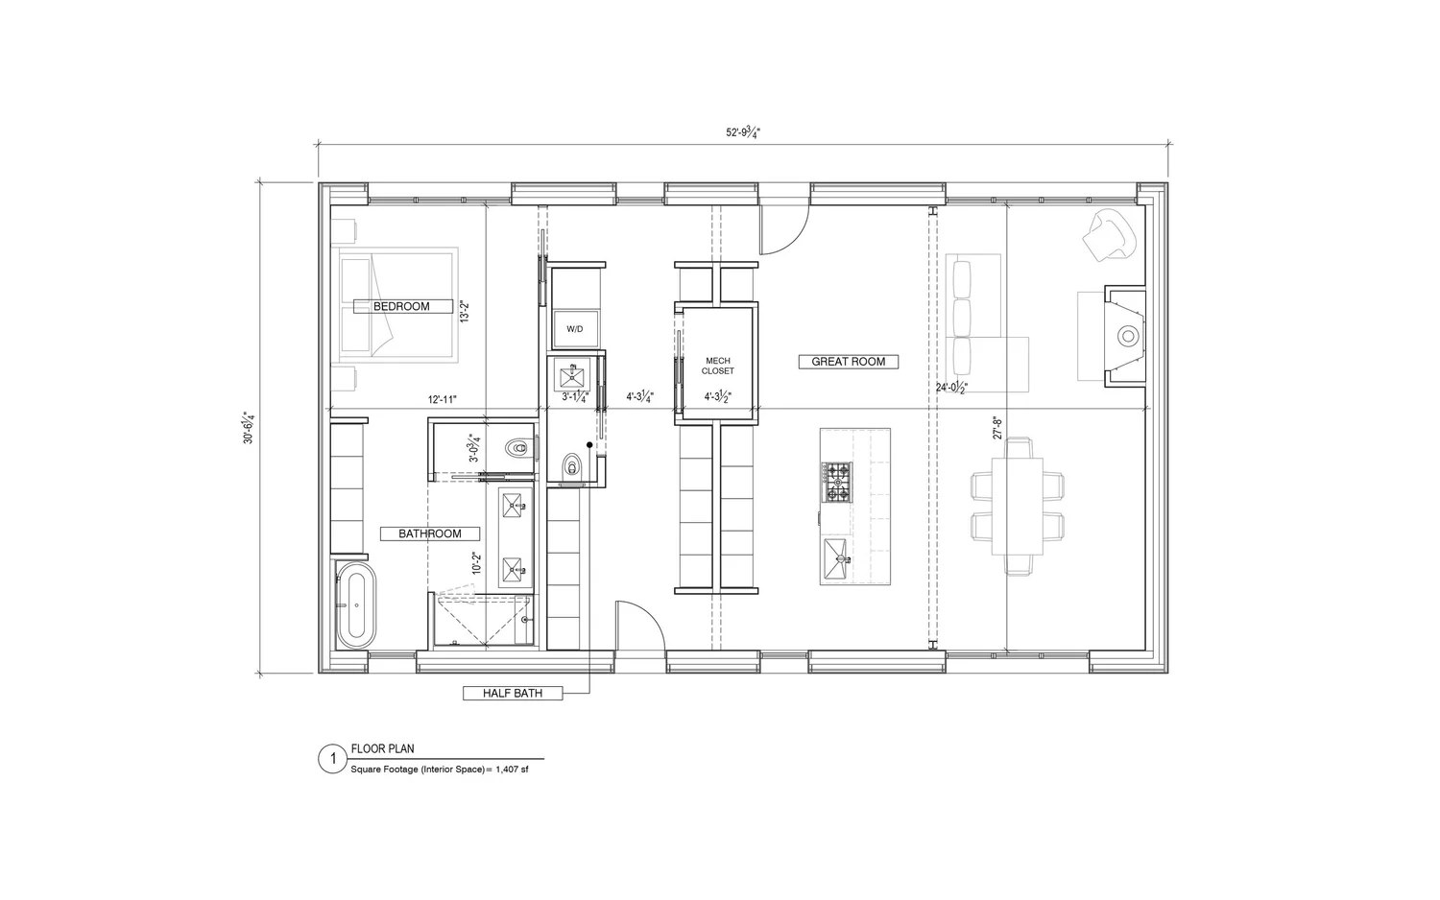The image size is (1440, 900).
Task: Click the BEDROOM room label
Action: [401, 306]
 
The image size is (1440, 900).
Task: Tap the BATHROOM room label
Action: [430, 533]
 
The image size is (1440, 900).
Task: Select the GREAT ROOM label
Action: [848, 362]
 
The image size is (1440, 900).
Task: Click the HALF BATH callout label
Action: [513, 693]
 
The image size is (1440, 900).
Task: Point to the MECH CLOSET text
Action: [718, 366]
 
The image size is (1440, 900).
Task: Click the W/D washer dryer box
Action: [574, 328]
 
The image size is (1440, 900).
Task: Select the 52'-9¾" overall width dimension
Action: [742, 132]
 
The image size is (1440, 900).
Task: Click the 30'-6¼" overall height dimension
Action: [249, 427]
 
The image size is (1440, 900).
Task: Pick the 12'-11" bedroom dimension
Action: [443, 398]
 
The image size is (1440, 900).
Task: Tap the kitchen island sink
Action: [835, 554]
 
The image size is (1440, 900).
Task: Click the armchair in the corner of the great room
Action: [1107, 234]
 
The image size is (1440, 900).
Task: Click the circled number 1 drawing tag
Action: [332, 760]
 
